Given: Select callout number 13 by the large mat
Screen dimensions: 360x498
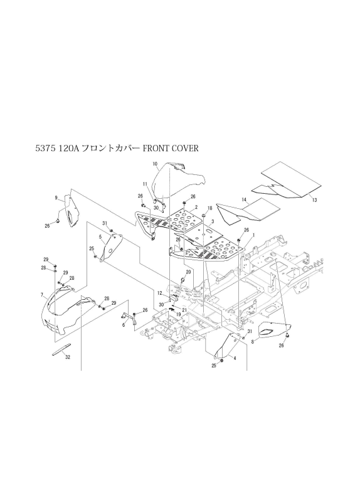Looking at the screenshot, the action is (x=315, y=200).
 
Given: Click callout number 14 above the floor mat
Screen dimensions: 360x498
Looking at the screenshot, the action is (x=244, y=200).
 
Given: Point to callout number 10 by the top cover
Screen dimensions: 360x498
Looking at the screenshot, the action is (x=156, y=164).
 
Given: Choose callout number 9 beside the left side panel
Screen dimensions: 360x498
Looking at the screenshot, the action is (x=56, y=198).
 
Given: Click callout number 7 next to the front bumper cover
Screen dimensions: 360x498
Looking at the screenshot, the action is (x=41, y=295).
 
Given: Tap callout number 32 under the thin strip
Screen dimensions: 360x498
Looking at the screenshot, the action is (x=68, y=357).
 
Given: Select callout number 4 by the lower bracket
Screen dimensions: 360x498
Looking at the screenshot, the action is (x=235, y=358).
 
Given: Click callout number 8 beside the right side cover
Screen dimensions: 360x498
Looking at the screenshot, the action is (x=253, y=342).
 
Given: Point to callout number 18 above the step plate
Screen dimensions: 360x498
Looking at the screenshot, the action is (x=210, y=208).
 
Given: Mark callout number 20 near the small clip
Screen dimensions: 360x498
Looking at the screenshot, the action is (x=188, y=272).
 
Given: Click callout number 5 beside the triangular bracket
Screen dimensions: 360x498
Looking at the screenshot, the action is (x=100, y=236).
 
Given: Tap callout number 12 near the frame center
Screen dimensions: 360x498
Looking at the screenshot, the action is (x=159, y=292).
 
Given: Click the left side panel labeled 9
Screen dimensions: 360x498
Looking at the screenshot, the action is (x=71, y=211).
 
